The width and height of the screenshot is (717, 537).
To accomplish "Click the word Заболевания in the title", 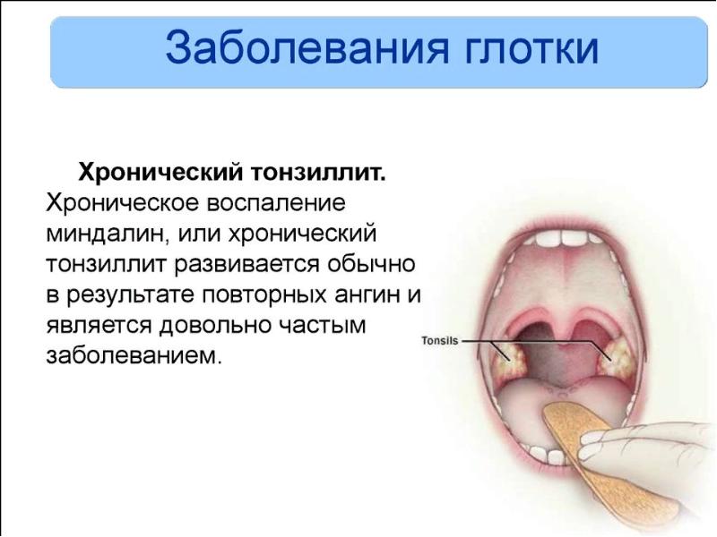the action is (307, 48).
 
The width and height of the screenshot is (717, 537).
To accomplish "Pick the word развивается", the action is (246, 265).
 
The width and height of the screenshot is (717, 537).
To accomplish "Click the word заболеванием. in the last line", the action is (134, 356).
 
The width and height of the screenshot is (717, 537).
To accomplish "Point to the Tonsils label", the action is (439, 341).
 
